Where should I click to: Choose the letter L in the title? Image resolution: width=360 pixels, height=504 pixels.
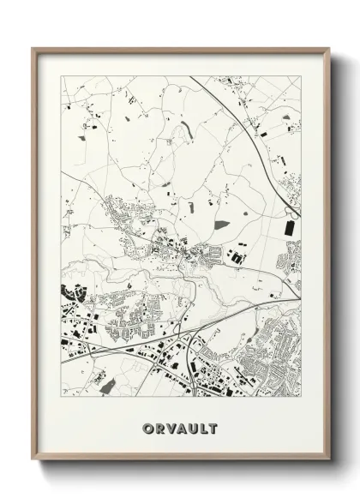pyautogui.click(x=203, y=428)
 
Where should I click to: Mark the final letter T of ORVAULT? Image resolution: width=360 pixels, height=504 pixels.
pyautogui.click(x=214, y=428)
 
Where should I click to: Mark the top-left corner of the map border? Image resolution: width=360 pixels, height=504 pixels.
pyautogui.click(x=61, y=76)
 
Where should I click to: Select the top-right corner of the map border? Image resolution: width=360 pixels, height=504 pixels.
pyautogui.click(x=301, y=76)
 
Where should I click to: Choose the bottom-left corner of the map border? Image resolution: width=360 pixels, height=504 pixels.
pyautogui.click(x=61, y=396)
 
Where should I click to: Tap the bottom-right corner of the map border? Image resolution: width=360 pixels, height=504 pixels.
pyautogui.click(x=301, y=396)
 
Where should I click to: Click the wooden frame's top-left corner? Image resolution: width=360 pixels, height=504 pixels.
pyautogui.click(x=33, y=48)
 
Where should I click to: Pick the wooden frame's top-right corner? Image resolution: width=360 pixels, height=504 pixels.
pyautogui.click(x=329, y=48)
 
